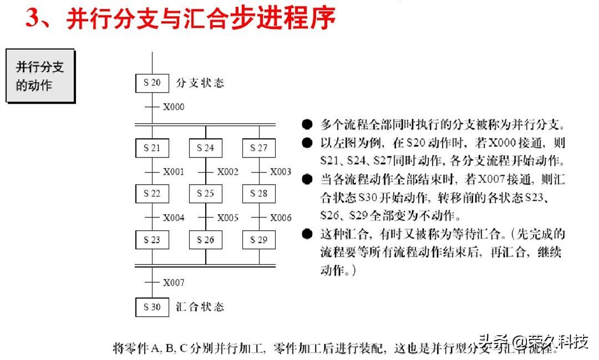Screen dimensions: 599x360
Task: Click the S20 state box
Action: pos(152,83)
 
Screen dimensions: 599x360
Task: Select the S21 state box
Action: pos(152,148)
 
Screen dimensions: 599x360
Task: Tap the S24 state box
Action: pos(206,148)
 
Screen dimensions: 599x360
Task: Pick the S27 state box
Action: pos(259,148)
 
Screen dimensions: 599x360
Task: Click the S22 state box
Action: pos(152,194)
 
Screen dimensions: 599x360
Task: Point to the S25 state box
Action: pos(206,194)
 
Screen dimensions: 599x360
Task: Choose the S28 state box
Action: pos(259,194)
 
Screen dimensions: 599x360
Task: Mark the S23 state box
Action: pos(152,240)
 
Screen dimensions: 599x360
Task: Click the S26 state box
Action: pos(206,240)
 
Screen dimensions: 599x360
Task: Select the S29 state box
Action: pos(259,240)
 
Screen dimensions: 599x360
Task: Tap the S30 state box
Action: pos(152,307)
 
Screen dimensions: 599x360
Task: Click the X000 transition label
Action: pos(174,107)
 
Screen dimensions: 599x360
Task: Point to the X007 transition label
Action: pos(174,283)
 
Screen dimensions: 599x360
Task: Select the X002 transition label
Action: pos(227,172)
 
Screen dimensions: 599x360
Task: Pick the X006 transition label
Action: pos(281,218)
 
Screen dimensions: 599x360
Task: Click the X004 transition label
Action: pos(174,218)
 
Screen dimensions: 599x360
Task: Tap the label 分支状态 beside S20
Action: pos(200,83)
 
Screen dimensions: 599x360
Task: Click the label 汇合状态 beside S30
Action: pos(200,307)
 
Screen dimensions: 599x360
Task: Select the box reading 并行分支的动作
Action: pos(40,75)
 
